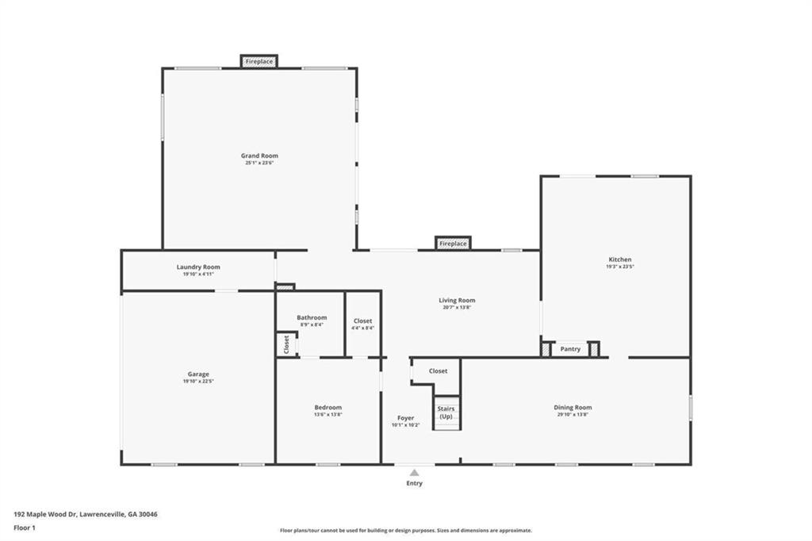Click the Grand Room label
(259, 155)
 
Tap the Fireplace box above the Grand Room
(259, 61)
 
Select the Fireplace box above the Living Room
(453, 244)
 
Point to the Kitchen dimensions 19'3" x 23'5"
(620, 267)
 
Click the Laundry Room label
(198, 267)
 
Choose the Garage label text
(198, 374)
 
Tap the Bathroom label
(312, 317)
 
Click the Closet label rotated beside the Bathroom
(286, 344)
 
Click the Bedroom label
(327, 408)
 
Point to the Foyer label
(405, 417)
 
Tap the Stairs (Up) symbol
(446, 412)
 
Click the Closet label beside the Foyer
(438, 370)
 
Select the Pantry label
(570, 349)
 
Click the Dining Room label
(573, 408)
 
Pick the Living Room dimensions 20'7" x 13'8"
(457, 307)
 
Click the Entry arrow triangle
(414, 473)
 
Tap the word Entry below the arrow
(414, 483)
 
